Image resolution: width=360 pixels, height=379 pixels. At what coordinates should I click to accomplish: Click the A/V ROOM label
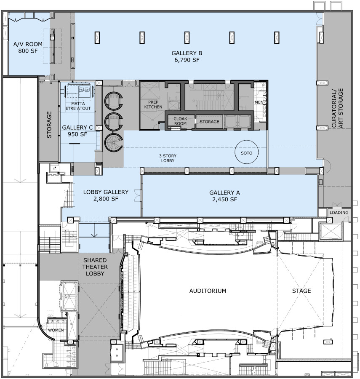pos(28,47)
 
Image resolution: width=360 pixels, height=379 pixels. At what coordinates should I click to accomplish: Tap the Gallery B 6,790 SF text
pos(187,56)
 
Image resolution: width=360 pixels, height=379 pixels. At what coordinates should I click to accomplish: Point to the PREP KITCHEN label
pos(153,104)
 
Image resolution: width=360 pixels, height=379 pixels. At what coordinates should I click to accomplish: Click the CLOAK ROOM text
pos(180,121)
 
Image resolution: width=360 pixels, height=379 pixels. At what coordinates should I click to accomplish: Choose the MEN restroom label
pos(259,102)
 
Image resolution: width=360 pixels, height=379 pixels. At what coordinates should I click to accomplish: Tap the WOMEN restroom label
pos(56,330)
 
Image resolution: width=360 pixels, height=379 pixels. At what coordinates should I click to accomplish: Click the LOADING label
pos(339,213)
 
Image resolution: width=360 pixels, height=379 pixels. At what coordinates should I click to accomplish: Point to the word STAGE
pos(301,291)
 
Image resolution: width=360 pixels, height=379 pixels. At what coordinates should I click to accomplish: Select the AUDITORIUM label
pos(208,291)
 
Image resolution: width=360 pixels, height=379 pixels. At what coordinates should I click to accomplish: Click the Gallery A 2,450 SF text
pos(224,196)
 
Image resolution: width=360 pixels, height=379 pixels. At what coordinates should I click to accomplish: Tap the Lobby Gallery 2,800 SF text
pos(106,195)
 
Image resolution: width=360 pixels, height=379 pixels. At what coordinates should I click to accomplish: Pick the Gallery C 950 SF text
pos(77,131)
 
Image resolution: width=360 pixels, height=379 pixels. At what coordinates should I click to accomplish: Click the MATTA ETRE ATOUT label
pos(78,106)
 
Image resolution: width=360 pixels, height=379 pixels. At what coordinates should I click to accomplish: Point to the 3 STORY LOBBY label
pos(168,158)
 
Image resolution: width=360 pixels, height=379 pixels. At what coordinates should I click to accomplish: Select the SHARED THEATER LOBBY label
pos(95,267)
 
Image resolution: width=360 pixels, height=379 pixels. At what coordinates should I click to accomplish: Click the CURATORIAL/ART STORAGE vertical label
pos(337,108)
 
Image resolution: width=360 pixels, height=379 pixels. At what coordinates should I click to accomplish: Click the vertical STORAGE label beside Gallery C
pos(49,125)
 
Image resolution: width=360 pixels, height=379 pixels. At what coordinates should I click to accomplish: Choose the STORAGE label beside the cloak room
pos(210,122)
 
